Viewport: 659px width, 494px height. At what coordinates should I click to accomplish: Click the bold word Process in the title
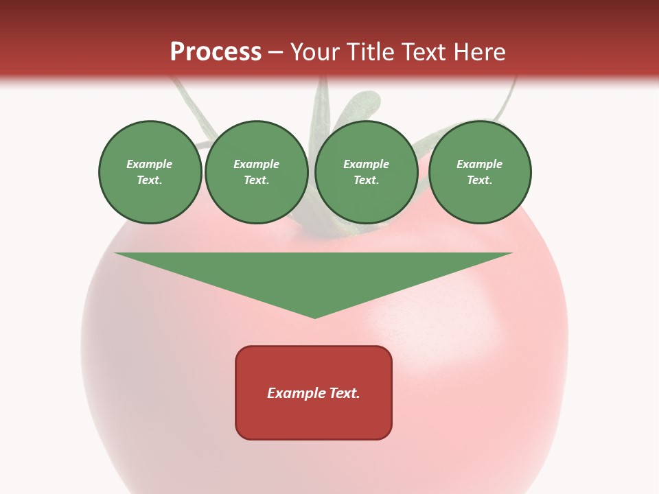(x=216, y=52)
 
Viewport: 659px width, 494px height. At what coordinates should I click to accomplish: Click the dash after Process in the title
(x=275, y=53)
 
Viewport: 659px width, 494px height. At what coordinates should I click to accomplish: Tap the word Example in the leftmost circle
(x=150, y=164)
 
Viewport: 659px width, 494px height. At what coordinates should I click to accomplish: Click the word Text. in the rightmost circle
(x=480, y=180)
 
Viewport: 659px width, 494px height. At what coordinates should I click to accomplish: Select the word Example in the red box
(x=296, y=393)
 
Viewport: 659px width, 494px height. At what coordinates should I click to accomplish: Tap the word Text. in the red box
(x=343, y=393)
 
